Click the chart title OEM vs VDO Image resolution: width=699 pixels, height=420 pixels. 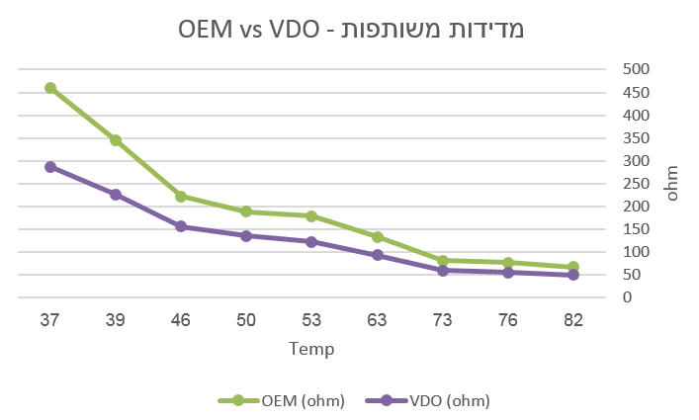tap(349, 29)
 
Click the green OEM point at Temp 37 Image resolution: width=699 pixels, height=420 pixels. tap(50, 88)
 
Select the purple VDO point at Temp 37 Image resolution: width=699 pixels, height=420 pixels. tap(50, 167)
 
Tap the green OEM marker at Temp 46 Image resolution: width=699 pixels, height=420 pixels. tap(181, 197)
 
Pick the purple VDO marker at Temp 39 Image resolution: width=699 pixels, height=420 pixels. tap(116, 195)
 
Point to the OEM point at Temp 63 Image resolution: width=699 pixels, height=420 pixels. tap(377, 237)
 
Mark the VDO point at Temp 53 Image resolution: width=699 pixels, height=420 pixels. tap(311, 242)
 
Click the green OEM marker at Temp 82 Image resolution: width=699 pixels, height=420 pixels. tap(572, 267)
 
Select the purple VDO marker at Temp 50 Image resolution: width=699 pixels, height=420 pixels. tap(246, 236)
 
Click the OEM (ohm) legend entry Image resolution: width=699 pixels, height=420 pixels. tap(282, 400)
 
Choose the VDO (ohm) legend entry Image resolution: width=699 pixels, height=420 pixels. tap(428, 400)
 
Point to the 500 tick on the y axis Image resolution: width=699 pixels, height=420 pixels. tap(635, 69)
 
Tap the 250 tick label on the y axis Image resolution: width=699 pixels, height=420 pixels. tap(635, 184)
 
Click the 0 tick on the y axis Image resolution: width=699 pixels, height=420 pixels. tap(626, 298)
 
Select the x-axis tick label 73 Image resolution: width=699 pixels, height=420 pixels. tap(442, 320)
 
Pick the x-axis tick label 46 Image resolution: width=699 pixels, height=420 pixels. tap(181, 320)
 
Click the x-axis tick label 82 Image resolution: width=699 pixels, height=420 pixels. tap(572, 320)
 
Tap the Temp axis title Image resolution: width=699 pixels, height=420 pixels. tap(311, 349)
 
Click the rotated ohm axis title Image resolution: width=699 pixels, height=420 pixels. tap(672, 184)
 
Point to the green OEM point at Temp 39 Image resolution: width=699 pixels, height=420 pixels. tap(116, 140)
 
